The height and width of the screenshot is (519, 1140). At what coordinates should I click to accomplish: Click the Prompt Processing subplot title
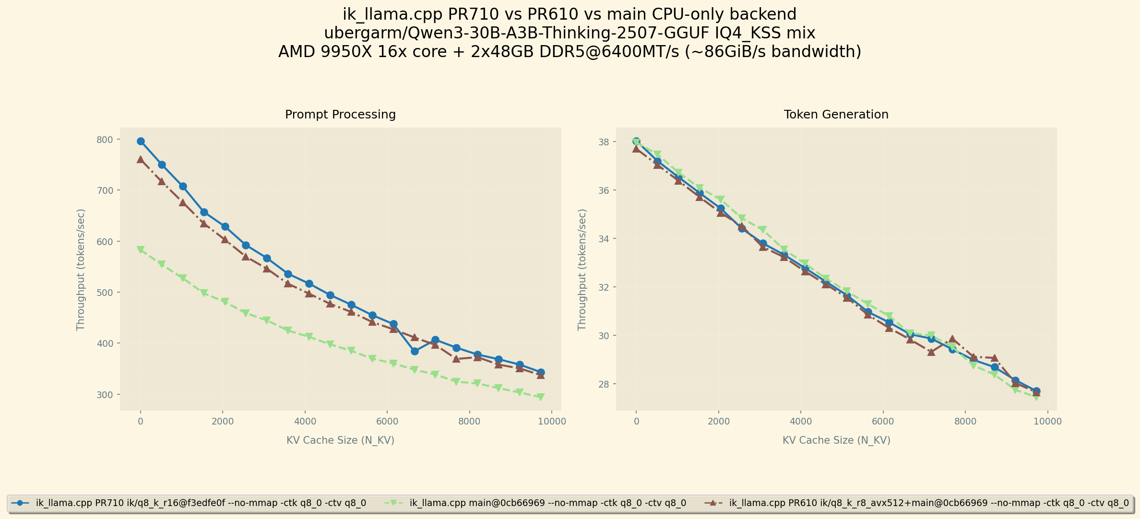[x=340, y=115]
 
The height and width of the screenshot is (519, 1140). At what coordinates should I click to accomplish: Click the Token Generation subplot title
[x=836, y=115]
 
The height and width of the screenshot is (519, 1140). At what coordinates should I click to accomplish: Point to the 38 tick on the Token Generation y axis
[x=604, y=142]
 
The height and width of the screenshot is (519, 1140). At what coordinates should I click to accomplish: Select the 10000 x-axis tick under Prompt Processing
[x=551, y=422]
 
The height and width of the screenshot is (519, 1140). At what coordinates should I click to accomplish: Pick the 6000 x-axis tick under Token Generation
[x=883, y=422]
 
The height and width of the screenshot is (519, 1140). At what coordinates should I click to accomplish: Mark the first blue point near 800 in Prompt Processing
[x=141, y=142]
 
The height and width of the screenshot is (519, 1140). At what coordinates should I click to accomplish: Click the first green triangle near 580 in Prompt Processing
[x=141, y=250]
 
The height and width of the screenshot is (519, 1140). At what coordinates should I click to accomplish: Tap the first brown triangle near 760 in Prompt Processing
[x=141, y=159]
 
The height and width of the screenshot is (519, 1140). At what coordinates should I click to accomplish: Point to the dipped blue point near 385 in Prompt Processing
[x=415, y=351]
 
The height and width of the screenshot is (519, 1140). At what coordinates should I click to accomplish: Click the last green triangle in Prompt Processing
[x=541, y=397]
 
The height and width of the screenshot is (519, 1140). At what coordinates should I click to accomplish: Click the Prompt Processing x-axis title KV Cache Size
[x=340, y=440]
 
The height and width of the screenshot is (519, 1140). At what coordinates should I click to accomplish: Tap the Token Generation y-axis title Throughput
[x=582, y=269]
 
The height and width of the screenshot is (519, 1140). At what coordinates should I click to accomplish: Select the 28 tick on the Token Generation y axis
[x=604, y=384]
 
